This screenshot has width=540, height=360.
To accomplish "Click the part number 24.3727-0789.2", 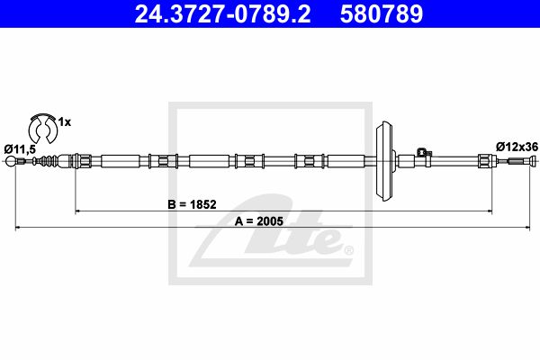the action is click(222, 13).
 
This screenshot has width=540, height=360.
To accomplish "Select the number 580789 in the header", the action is click(382, 13).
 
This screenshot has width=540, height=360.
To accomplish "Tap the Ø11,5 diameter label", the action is click(20, 149).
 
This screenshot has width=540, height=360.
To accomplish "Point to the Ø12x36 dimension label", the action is click(517, 147).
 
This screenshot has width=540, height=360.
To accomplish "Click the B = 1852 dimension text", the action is click(192, 204).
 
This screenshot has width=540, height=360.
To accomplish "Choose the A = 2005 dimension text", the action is click(259, 221).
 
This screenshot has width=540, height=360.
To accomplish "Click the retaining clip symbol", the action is click(43, 128).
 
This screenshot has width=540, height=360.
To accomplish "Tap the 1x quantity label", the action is click(65, 122).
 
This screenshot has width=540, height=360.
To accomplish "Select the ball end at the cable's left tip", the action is click(11, 161).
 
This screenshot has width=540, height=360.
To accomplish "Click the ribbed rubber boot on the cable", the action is click(46, 161).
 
